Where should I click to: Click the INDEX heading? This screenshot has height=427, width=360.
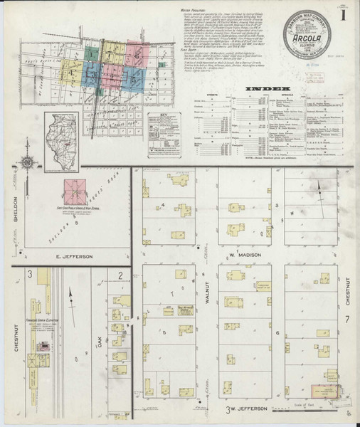[260, 89]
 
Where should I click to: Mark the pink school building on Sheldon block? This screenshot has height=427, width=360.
[73, 189]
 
